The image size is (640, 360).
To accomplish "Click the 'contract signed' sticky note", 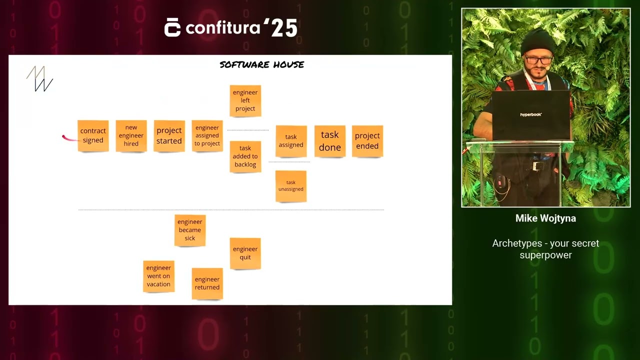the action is pyautogui.click(x=93, y=135).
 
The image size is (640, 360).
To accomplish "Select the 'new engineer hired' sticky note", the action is pyautogui.click(x=131, y=135).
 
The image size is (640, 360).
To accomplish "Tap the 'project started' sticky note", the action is pyautogui.click(x=169, y=135).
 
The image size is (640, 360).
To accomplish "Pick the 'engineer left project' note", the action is pyautogui.click(x=245, y=101).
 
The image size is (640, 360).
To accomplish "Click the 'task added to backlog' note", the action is pyautogui.click(x=245, y=156).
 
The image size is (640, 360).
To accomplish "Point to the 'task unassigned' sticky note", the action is pyautogui.click(x=291, y=186).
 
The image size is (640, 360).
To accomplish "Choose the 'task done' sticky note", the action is pyautogui.click(x=330, y=141).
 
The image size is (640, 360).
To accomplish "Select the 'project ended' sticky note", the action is pyautogui.click(x=367, y=141).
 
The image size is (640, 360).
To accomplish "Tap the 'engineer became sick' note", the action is pyautogui.click(x=190, y=230).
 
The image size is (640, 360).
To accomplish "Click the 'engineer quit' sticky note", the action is pyautogui.click(x=245, y=253).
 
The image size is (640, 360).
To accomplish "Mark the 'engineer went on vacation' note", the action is pyautogui.click(x=158, y=276).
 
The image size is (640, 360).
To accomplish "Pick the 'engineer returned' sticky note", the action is pyautogui.click(x=207, y=283).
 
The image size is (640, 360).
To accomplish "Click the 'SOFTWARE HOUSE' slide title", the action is pyautogui.click(x=261, y=64).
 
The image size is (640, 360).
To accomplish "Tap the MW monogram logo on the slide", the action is pyautogui.click(x=39, y=78).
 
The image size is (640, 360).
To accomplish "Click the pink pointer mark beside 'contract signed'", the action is pyautogui.click(x=69, y=138).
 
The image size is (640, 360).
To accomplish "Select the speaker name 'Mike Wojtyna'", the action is pyautogui.click(x=545, y=218).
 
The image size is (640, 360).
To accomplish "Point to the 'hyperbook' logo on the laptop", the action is pyautogui.click(x=531, y=114).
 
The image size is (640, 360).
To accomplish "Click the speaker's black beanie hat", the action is pyautogui.click(x=537, y=41).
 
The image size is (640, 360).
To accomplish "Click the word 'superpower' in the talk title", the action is pyautogui.click(x=545, y=255).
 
